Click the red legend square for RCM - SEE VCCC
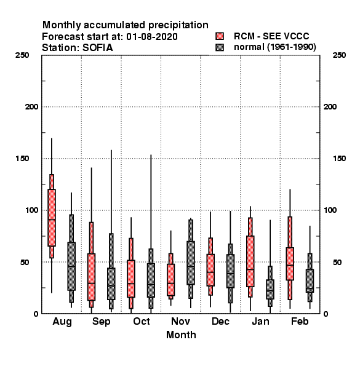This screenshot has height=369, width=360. [x=220, y=36]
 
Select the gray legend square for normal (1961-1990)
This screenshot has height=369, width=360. [x=220, y=47]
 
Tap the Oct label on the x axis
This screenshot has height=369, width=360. [x=142, y=321]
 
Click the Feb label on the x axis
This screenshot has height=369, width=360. [x=300, y=321]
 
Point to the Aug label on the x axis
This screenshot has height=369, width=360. [x=62, y=322]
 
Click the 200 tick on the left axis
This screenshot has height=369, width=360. [x=31, y=107]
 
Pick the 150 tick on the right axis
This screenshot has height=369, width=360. [x=339, y=159]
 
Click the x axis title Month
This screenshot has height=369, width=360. [x=181, y=335]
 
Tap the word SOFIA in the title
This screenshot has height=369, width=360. [x=98, y=48]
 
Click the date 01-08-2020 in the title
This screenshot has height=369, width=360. [x=152, y=37]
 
